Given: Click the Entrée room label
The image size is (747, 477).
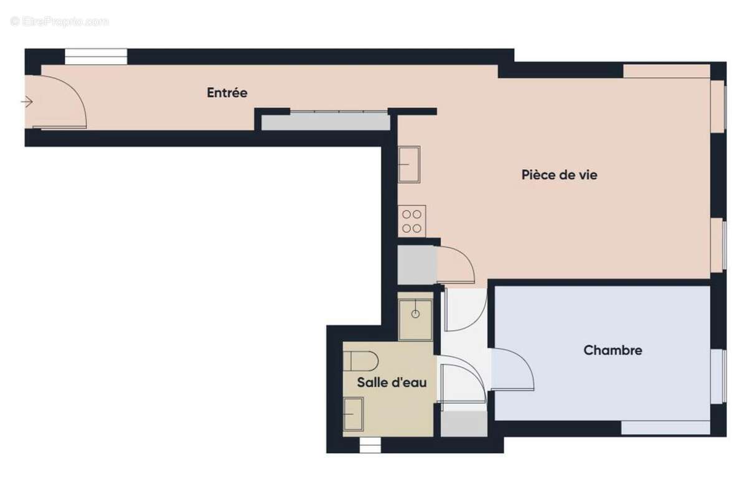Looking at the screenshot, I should point(227,93).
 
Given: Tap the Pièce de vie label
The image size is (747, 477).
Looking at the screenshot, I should point(559,175).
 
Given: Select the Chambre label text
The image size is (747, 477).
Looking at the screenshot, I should point(613,351).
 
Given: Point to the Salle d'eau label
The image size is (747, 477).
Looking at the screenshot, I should point(392,383).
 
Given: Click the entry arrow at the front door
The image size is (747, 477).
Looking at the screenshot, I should point(27,101).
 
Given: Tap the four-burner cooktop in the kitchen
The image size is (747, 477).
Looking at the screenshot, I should point(411,221).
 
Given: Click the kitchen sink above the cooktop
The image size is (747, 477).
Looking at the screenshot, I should point(409,164).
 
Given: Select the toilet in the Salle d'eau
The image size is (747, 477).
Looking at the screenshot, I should point(361,361).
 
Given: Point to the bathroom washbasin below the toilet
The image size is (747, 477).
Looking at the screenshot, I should point(353,414).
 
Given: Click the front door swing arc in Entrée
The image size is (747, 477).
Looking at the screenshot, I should point(62,103).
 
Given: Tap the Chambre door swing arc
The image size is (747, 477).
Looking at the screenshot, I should point(514,370).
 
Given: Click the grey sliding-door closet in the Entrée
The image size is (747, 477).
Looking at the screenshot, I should point(325,121).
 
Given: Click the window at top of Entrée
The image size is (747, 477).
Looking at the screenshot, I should point(96,57).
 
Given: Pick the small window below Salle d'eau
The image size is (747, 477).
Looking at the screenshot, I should point(370,444).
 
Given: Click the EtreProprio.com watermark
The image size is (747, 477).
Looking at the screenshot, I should point(59,22).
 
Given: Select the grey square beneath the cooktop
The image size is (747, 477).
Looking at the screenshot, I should point(416,265).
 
